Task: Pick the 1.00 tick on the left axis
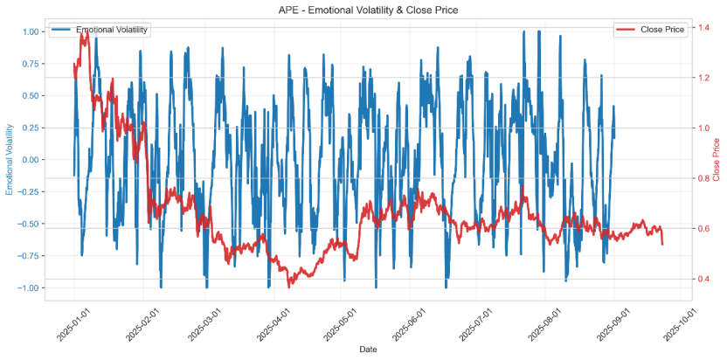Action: pyautogui.click(x=31, y=31)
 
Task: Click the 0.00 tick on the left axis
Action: pyautogui.click(x=31, y=160)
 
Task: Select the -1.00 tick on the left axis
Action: pyautogui.click(x=29, y=287)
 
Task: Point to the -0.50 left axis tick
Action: pyautogui.click(x=29, y=224)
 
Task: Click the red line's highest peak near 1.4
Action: pyautogui.click(x=86, y=31)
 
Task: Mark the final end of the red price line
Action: pyautogui.click(x=662, y=244)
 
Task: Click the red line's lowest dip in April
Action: pyautogui.click(x=289, y=286)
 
